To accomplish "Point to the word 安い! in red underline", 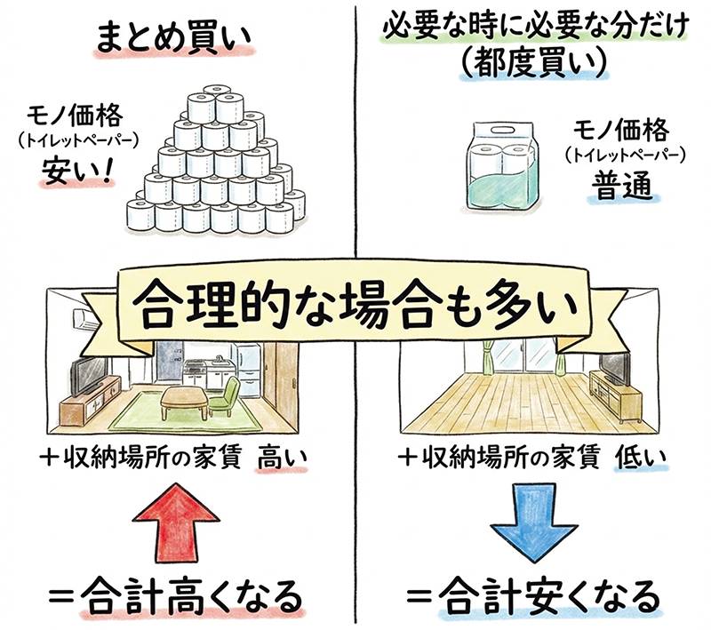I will pos(78,169).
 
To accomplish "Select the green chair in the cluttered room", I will pos(224,395).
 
